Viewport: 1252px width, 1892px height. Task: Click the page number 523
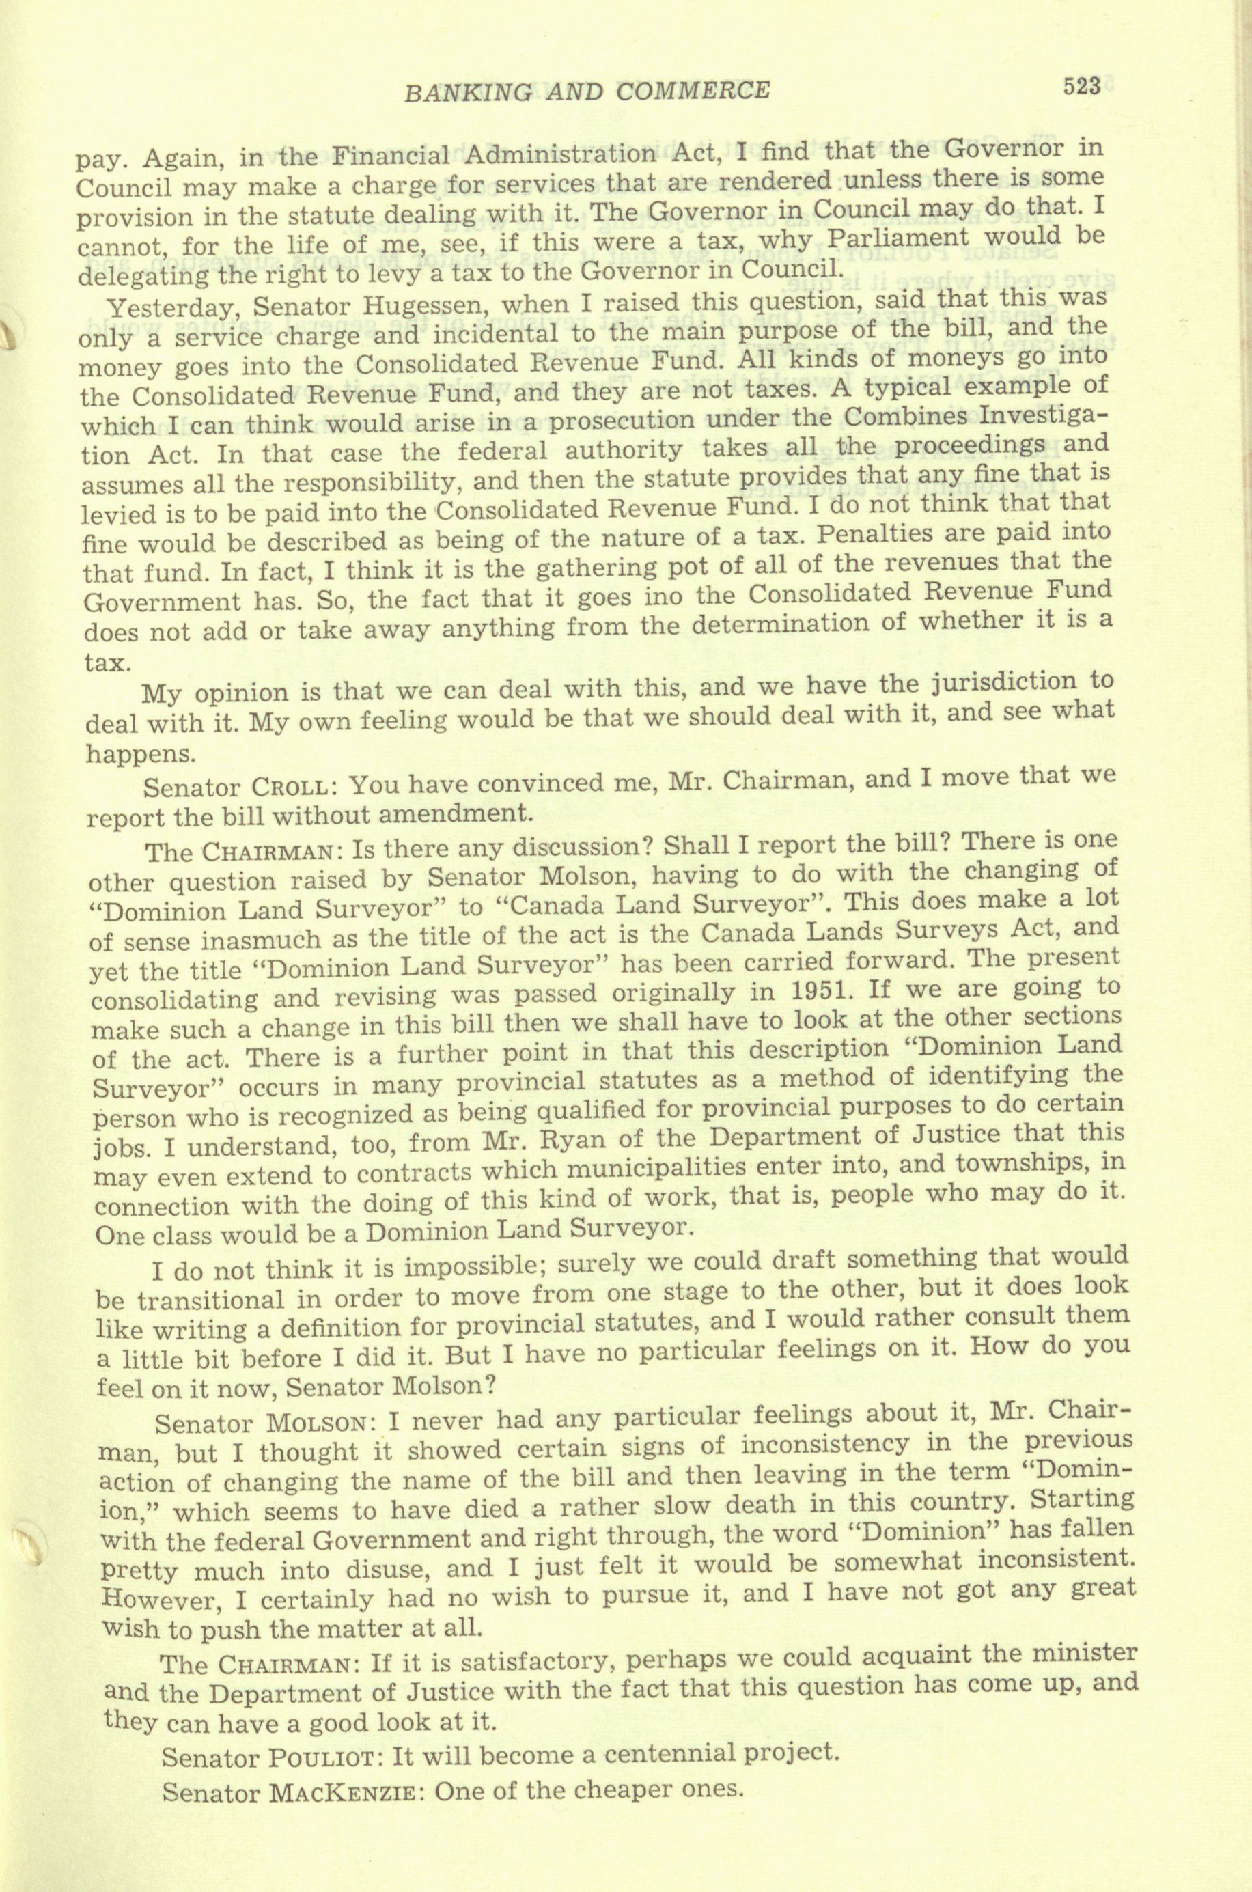pyautogui.click(x=1081, y=85)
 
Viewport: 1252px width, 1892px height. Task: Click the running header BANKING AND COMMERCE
pyautogui.click(x=587, y=92)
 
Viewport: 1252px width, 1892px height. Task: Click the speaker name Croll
pyautogui.click(x=289, y=786)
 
